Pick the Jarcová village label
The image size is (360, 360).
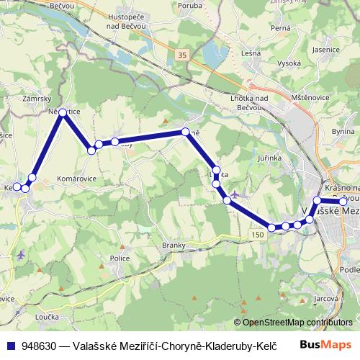coord(326,296)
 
